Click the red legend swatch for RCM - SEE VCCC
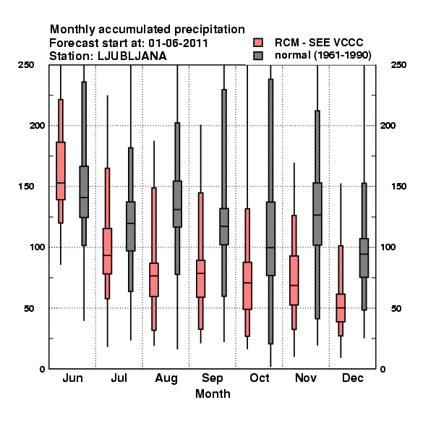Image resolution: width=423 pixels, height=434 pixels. (x=258, y=43)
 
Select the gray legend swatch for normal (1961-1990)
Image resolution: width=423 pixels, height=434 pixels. (x=258, y=56)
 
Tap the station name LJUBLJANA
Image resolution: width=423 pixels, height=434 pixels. (x=132, y=56)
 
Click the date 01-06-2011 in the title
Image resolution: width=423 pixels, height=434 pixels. (x=179, y=43)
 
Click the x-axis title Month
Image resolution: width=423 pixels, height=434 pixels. (x=213, y=393)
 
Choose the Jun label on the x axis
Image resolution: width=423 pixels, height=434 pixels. (x=72, y=378)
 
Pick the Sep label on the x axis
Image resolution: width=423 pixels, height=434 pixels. (x=212, y=378)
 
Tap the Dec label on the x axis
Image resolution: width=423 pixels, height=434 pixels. (x=353, y=378)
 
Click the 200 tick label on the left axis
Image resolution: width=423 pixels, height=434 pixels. (x=37, y=125)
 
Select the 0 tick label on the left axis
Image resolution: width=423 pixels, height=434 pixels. (x=42, y=369)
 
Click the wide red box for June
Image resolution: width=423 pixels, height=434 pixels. (x=61, y=171)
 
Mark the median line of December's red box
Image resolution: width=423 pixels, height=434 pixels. (x=341, y=307)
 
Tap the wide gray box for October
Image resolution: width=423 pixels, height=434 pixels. (x=270, y=239)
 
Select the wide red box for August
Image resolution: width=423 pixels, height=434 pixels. (x=154, y=280)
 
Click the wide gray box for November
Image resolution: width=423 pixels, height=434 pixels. (x=317, y=214)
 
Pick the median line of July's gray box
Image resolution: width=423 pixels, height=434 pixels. (x=131, y=224)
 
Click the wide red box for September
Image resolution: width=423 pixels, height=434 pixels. (x=200, y=278)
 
